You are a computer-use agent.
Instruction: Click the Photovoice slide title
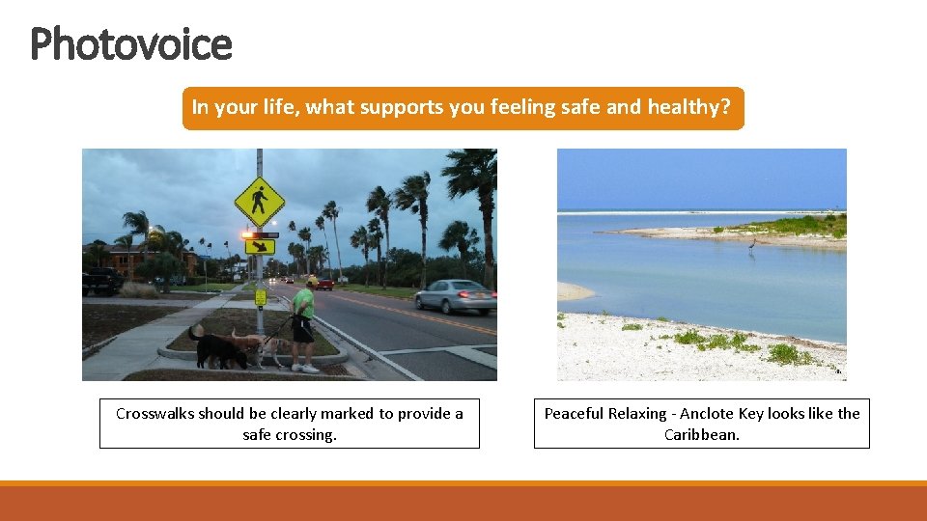point(131,44)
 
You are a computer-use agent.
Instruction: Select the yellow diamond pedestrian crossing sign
point(259,201)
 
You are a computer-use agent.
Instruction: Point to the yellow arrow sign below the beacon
point(259,247)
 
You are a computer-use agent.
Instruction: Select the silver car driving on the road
point(456,296)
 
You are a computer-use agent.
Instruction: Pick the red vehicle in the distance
point(323,284)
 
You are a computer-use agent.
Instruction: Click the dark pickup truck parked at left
point(101,282)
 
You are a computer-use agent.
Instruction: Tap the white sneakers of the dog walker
point(305,368)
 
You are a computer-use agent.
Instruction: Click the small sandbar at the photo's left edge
point(574,290)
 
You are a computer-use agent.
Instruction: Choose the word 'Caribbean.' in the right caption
point(702,434)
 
